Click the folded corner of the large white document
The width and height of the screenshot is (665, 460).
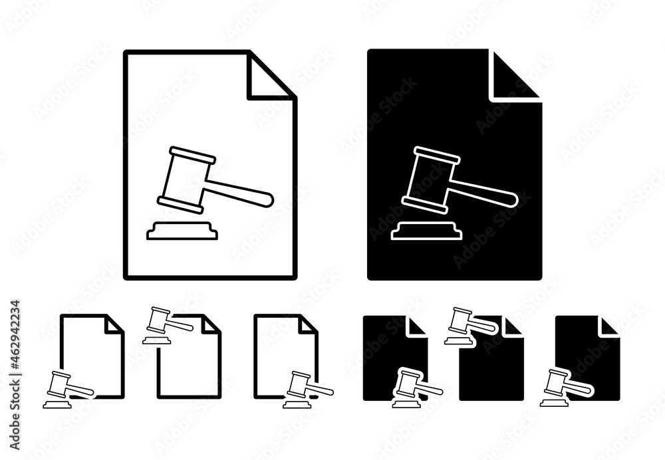[270, 77]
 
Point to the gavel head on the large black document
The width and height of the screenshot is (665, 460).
[430, 179]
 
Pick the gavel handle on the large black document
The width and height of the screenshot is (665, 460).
[483, 193]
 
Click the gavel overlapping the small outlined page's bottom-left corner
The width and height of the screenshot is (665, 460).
[68, 390]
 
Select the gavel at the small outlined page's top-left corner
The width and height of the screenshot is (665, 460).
[168, 325]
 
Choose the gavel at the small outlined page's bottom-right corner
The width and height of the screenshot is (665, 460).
[308, 390]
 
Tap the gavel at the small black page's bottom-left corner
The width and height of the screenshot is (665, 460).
[418, 388]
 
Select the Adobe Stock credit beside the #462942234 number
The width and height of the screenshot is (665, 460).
[15, 411]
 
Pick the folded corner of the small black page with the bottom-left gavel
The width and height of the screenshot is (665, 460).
[416, 326]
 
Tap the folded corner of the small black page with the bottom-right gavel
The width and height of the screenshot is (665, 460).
[609, 326]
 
